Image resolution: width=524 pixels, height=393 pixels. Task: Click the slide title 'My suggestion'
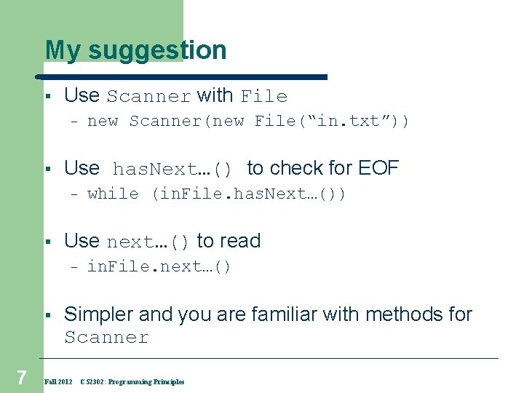pos(135,50)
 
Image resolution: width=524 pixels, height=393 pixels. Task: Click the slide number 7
pos(22,377)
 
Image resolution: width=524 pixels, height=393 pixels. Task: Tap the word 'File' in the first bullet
pos(264,96)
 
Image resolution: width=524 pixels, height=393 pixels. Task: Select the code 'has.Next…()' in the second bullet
pos(172,170)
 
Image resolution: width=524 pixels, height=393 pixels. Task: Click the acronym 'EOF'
pos(378,168)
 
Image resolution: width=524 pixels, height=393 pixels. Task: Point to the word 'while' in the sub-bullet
pos(113,194)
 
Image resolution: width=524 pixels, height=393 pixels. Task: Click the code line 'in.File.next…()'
pos(159,266)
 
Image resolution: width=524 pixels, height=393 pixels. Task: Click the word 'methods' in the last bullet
pos(406,314)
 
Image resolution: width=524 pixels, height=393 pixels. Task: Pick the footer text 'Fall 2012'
pos(58,381)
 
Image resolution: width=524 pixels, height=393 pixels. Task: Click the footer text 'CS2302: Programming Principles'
pos(132,381)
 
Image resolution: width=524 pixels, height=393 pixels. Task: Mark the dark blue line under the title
pos(182,76)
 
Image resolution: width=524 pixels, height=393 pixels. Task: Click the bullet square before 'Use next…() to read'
pos(46,242)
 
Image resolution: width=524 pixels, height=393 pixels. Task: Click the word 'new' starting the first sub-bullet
pos(103,121)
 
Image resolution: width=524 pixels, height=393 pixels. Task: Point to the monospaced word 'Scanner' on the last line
pos(106,338)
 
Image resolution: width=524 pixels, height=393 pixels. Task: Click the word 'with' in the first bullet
pos(215,95)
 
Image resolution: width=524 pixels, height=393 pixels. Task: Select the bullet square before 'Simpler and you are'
pos(46,315)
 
